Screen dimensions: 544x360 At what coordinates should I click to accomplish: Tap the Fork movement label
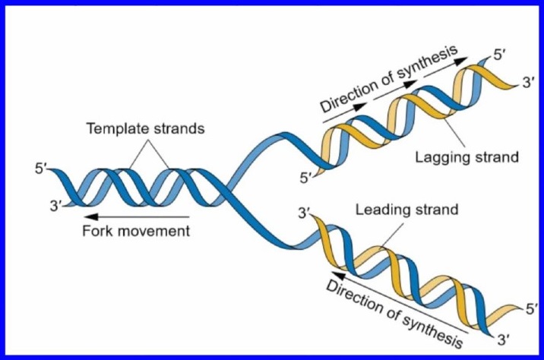tap(136, 231)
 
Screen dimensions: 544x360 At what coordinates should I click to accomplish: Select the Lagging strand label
tap(467, 157)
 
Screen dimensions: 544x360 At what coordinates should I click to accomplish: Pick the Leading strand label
tap(407, 210)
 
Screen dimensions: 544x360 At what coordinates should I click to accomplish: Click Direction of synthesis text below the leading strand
tap(394, 314)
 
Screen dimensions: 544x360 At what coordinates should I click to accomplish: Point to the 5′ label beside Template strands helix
tap(40, 169)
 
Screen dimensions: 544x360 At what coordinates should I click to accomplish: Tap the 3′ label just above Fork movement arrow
tap(55, 206)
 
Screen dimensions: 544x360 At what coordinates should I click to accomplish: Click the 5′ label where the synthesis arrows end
tap(500, 55)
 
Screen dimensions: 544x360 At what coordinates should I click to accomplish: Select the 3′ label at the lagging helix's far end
tap(529, 83)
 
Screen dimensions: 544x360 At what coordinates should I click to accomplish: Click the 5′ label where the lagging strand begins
tap(305, 178)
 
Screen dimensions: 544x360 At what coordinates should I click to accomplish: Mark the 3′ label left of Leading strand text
tap(304, 213)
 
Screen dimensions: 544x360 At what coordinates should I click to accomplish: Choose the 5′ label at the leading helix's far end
tap(532, 308)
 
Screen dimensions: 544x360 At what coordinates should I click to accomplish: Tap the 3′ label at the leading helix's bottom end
tap(504, 339)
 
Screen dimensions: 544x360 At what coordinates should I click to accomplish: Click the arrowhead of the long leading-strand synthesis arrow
tap(339, 276)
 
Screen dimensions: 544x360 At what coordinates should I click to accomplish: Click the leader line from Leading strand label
tap(392, 235)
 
